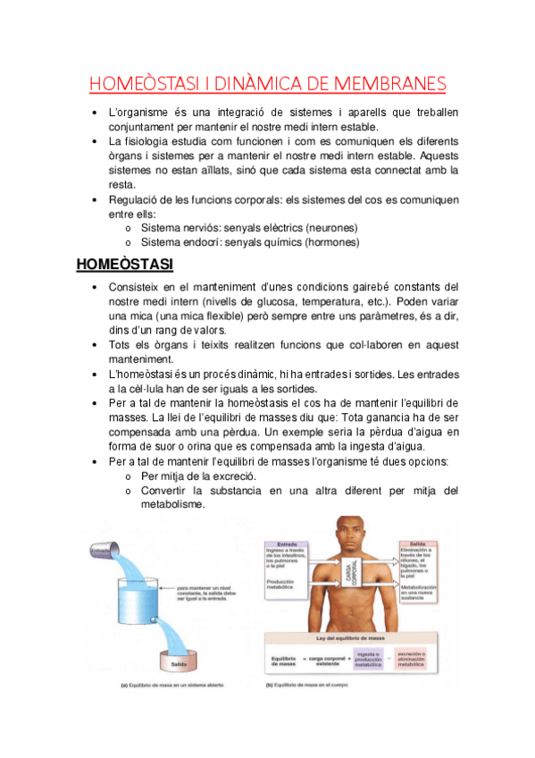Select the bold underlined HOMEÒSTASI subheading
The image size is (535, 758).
(x=124, y=265)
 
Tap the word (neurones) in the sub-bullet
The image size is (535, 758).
(x=333, y=228)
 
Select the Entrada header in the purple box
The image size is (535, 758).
(x=288, y=544)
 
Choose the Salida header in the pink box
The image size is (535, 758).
(x=417, y=543)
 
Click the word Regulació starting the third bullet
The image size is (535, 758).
(x=136, y=200)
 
